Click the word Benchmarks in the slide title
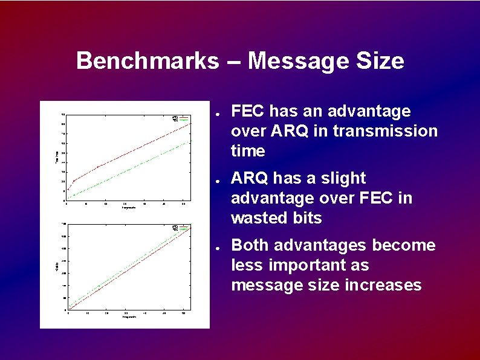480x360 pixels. click(x=148, y=61)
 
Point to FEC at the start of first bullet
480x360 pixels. click(x=249, y=111)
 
